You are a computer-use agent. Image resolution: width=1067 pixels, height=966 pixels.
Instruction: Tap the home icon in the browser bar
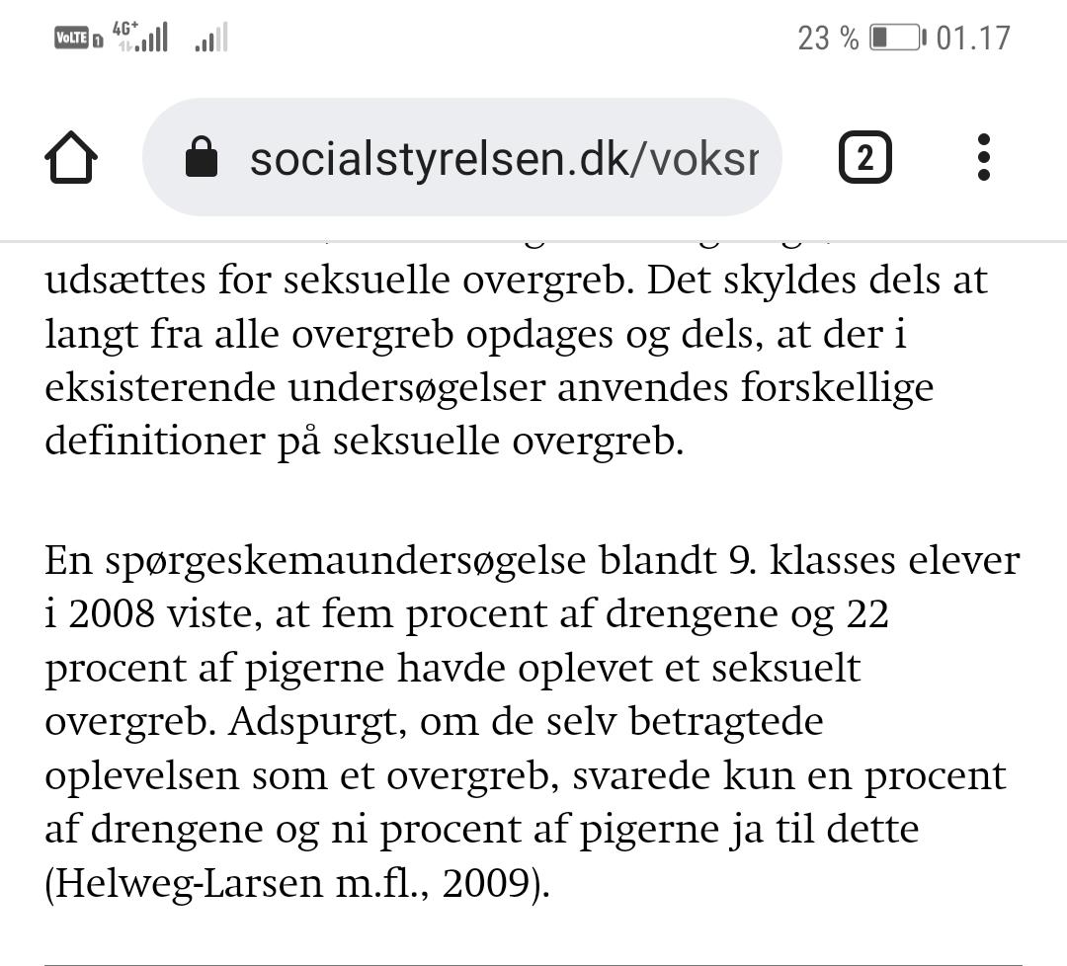71,158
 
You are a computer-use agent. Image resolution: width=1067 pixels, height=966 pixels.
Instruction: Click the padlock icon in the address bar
202,157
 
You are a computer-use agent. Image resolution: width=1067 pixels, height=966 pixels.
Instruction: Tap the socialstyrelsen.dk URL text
504,158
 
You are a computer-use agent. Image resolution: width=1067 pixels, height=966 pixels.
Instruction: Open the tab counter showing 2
864,158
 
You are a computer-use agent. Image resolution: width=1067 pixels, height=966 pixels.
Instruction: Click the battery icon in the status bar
896,39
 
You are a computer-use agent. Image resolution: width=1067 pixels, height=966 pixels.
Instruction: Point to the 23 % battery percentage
828,39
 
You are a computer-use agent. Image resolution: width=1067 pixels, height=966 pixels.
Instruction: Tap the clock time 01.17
973,39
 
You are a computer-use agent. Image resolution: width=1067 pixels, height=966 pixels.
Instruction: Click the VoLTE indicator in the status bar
72,39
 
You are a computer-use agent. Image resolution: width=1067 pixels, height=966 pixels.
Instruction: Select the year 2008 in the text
113,614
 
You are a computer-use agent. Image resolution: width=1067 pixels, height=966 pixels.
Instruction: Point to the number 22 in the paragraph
867,614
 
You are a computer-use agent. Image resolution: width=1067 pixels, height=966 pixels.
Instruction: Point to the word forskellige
837,387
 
